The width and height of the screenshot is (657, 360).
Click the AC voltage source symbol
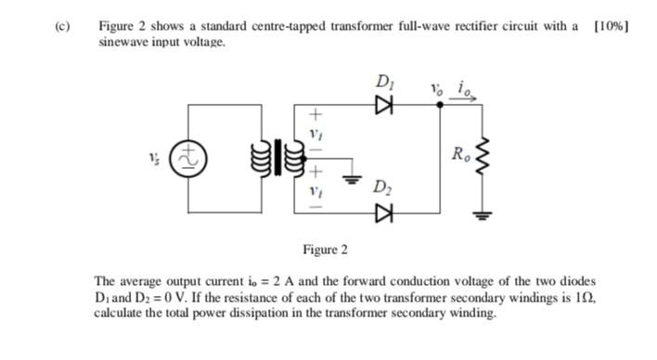[x=187, y=157]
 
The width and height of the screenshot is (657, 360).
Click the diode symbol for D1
[x=380, y=107]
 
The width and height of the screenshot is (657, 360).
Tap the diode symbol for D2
[x=380, y=212]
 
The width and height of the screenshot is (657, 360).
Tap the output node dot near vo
[x=439, y=107]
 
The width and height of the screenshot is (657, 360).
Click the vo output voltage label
[x=437, y=91]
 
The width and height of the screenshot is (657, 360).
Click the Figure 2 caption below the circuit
[x=325, y=250]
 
